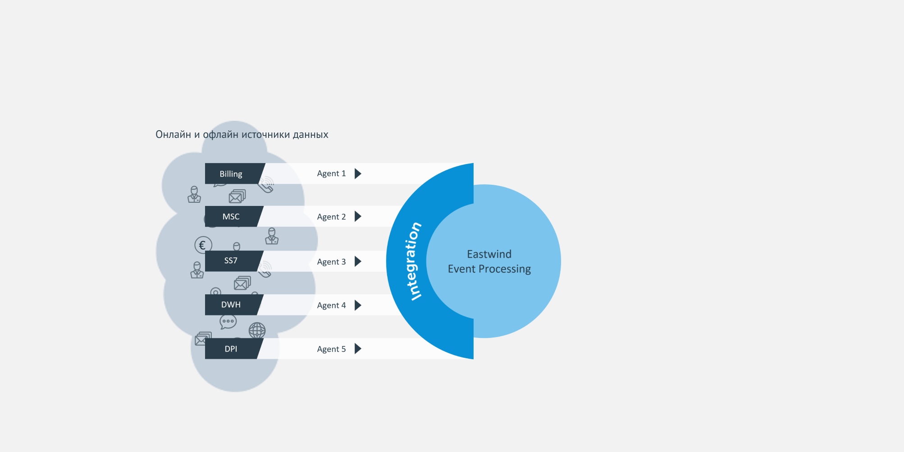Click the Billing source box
tap(231, 173)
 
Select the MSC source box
tap(231, 216)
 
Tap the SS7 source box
tap(231, 260)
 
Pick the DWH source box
tap(231, 305)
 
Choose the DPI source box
tap(231, 348)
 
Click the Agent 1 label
tap(331, 173)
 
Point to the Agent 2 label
tap(331, 217)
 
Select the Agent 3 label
tap(331, 262)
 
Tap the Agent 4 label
tap(331, 306)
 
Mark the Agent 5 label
tap(331, 349)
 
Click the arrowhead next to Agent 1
tap(358, 173)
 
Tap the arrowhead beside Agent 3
tap(358, 261)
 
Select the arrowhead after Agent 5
tap(358, 348)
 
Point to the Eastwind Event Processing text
tap(489, 261)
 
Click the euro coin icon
tap(203, 245)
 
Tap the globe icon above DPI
tap(257, 330)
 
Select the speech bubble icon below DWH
tap(228, 322)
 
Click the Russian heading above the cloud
tap(242, 134)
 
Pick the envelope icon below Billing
tap(237, 196)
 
